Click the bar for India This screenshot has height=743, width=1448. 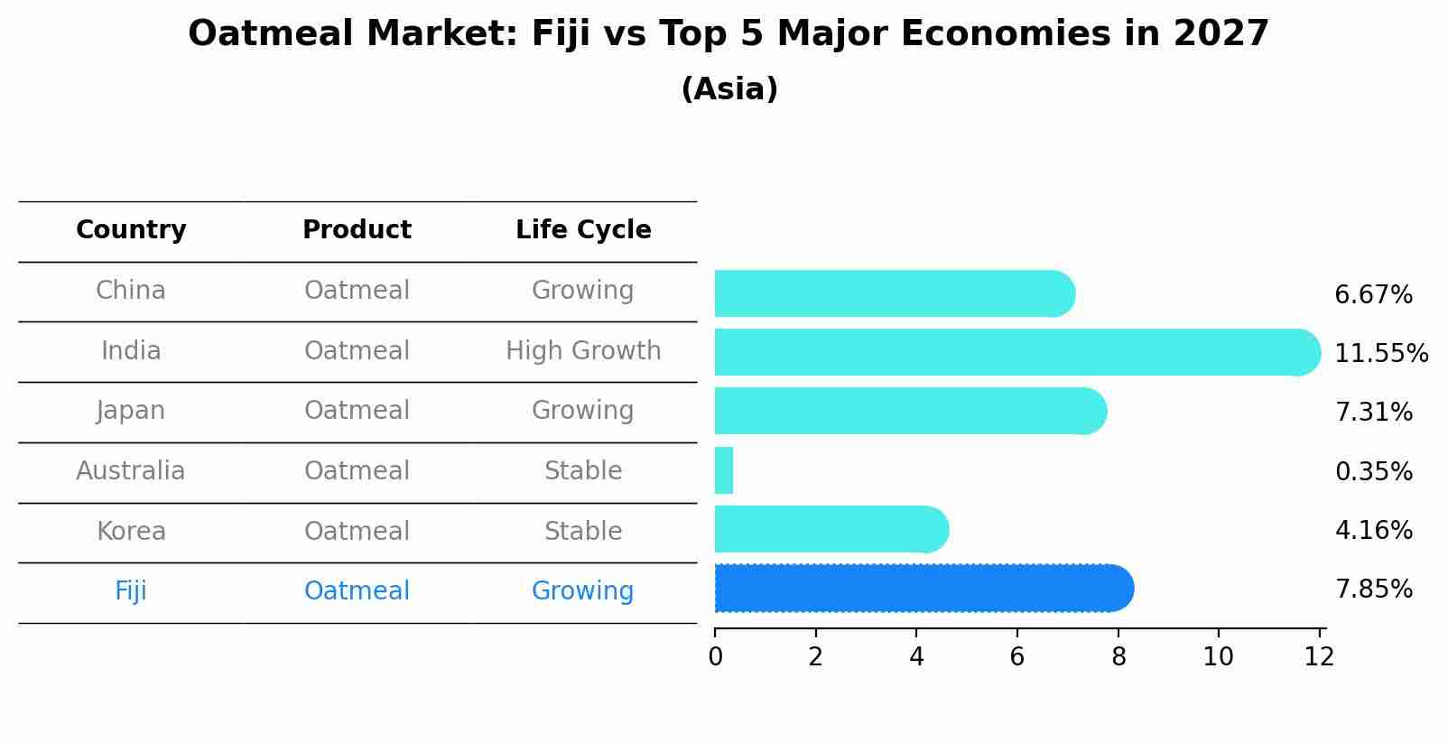[1011, 352]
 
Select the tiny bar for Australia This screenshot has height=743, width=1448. [724, 470]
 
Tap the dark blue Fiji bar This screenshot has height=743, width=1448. [921, 589]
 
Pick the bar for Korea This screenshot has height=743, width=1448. [829, 529]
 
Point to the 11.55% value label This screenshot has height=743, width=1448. [1380, 353]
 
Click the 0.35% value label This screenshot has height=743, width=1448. [1372, 471]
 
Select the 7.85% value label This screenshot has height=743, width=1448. [1372, 590]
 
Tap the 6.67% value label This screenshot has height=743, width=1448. [1372, 295]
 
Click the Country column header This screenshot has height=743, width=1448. [131, 230]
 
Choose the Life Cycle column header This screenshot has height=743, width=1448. [583, 230]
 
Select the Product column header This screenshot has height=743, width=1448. [357, 230]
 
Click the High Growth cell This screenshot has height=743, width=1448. [583, 350]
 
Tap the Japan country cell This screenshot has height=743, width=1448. [131, 411]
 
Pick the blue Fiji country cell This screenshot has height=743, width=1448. [131, 591]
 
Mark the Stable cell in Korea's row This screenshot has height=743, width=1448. [583, 531]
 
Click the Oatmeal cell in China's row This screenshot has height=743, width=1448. [357, 291]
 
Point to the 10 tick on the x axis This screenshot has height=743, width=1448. [1218, 656]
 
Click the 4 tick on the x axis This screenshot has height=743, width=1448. [916, 656]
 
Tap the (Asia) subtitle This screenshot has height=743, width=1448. [729, 89]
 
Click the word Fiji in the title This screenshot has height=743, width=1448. [560, 34]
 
